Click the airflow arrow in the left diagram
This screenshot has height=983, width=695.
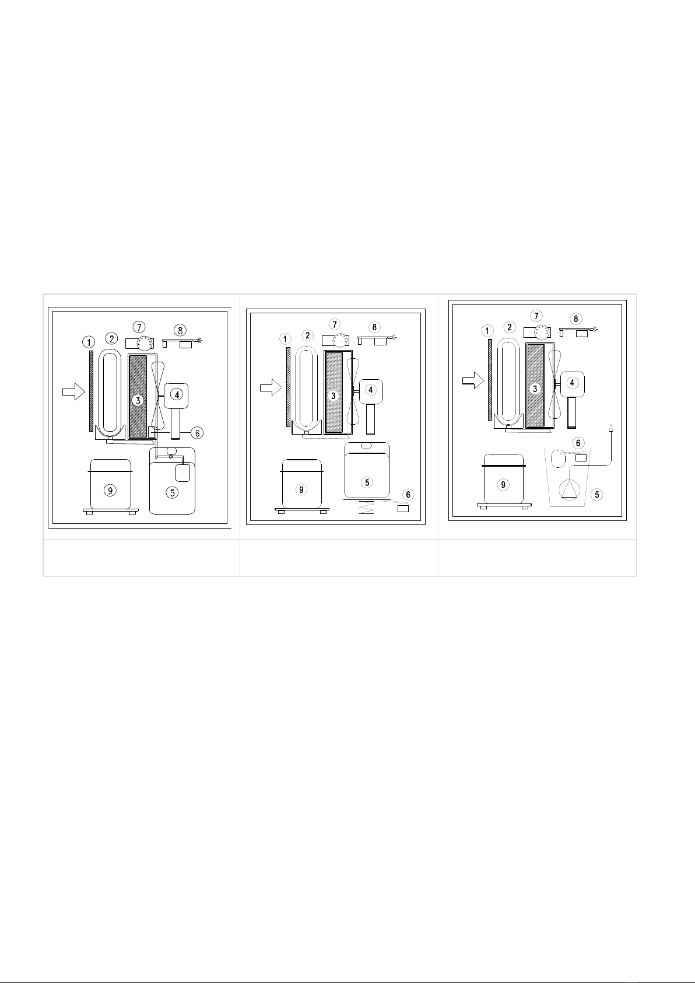(x=73, y=391)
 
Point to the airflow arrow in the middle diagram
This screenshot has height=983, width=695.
(x=271, y=387)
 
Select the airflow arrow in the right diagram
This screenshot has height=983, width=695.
(x=473, y=380)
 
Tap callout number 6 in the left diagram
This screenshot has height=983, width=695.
(x=197, y=433)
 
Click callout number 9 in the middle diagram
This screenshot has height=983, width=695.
(x=301, y=489)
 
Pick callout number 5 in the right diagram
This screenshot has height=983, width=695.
(x=596, y=495)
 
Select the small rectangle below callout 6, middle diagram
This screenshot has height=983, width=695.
(x=403, y=509)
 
